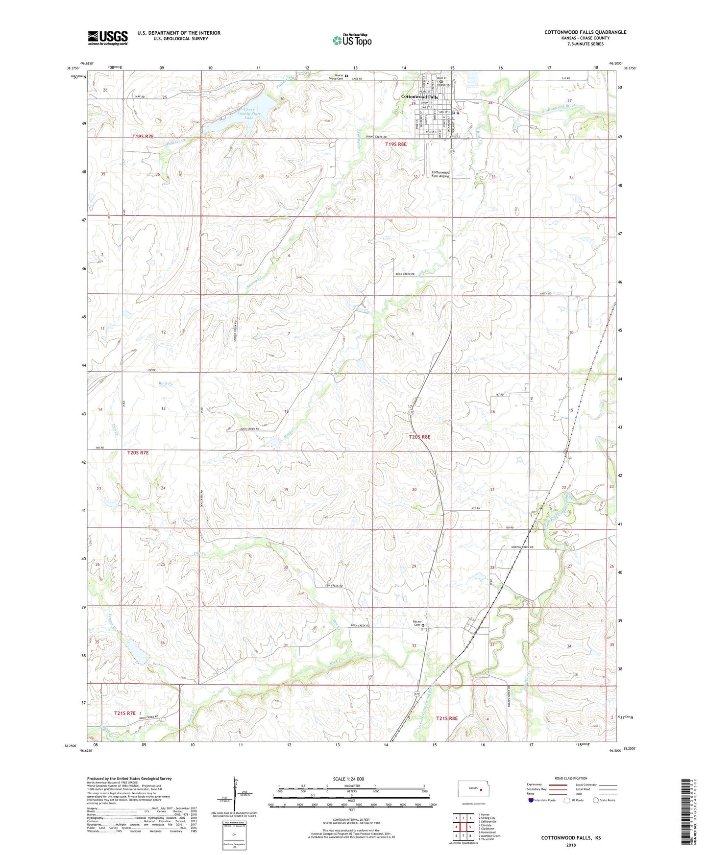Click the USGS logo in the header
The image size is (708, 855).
[107, 38]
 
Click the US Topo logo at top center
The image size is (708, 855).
[352, 40]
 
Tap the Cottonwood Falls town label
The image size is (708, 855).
[419, 97]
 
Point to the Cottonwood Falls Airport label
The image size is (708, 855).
[440, 174]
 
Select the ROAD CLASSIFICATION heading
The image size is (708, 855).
[571, 778]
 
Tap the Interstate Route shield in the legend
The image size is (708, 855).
[532, 801]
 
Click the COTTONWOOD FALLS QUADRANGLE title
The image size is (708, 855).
[585, 32]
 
